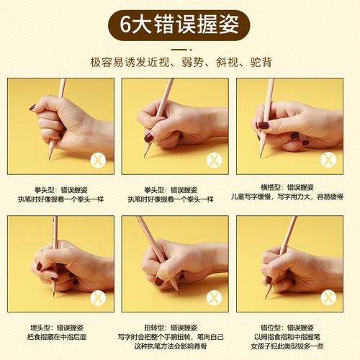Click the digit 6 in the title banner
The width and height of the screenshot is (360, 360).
tap(125, 24)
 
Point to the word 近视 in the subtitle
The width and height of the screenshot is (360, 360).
tap(158, 63)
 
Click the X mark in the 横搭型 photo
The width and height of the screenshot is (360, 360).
tap(328, 159)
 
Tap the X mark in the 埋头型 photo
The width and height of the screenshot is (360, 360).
tap(98, 297)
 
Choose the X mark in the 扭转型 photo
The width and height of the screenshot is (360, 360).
tap(214, 297)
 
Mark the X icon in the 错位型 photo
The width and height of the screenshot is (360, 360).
tap(328, 297)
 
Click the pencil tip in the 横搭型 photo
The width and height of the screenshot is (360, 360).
tap(261, 157)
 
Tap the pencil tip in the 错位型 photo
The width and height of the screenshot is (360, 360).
tap(266, 298)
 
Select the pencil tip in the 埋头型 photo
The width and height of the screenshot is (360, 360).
tap(54, 295)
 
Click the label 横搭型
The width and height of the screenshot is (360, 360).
tap(271, 187)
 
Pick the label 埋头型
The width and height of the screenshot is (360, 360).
tap(40, 328)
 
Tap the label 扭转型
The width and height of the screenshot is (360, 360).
tap(154, 328)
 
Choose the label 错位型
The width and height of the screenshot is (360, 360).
tap(271, 328)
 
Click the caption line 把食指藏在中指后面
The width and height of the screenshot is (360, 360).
tap(57, 337)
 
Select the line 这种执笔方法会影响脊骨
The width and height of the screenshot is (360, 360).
tap(171, 346)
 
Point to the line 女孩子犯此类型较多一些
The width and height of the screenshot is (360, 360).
tap(287, 346)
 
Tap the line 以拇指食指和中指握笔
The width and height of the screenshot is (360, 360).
tap(287, 337)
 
